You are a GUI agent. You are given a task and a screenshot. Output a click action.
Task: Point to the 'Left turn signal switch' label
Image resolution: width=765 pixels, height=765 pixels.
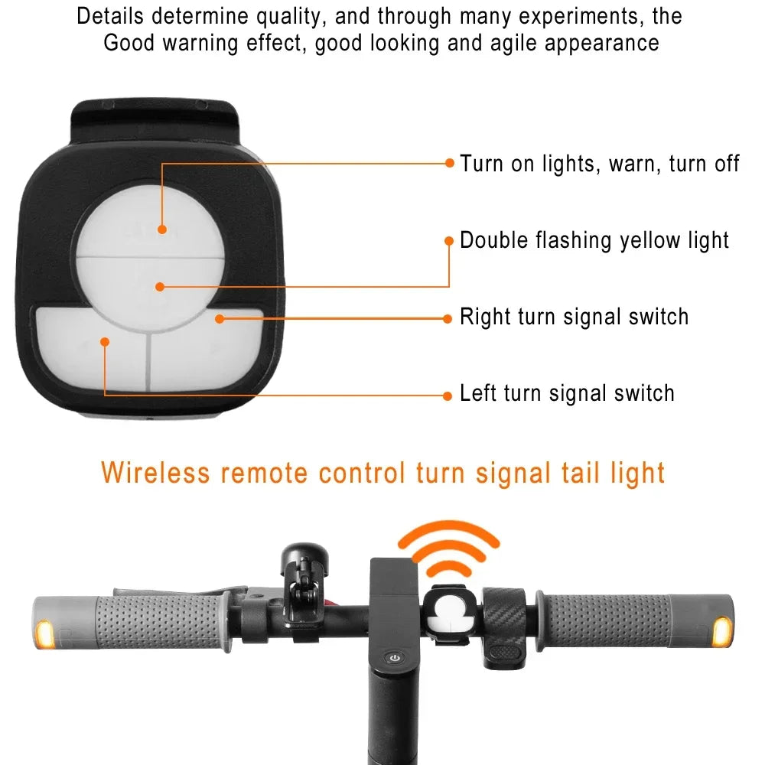coord(567,394)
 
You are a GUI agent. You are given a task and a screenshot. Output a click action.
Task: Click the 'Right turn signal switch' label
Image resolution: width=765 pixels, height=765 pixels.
coord(574,317)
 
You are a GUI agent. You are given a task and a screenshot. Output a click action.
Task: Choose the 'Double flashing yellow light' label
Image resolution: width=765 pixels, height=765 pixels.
coord(594,241)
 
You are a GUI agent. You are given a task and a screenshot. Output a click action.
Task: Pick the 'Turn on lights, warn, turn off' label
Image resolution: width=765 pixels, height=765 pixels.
coord(600,164)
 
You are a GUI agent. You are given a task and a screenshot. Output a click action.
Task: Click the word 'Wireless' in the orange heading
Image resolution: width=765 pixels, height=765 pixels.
coord(155,472)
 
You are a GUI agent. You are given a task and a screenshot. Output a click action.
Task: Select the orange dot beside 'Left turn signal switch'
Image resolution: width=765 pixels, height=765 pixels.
coord(449,395)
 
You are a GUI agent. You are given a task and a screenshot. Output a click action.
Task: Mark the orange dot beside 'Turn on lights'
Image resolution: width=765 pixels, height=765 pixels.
coord(450,163)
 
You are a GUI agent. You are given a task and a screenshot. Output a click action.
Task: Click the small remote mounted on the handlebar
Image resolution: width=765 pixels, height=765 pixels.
coord(451,615)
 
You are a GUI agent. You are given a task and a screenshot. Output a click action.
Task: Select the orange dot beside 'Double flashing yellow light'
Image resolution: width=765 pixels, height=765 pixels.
coord(450,240)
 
